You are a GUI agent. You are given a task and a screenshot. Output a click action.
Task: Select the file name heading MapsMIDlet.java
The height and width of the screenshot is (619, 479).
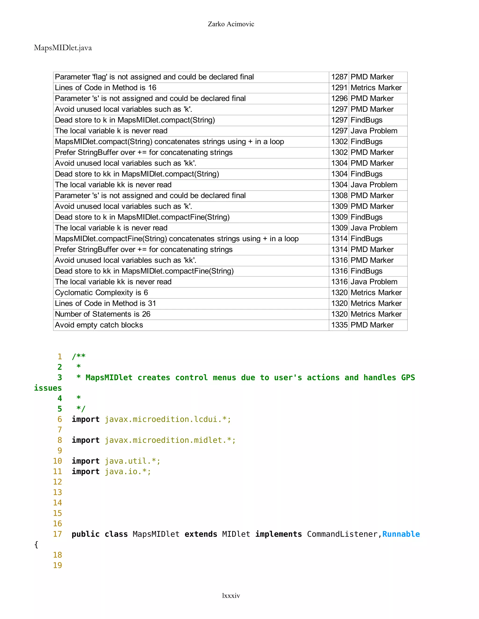[63, 48]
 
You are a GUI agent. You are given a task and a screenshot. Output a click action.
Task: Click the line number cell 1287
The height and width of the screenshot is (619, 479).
[339, 77]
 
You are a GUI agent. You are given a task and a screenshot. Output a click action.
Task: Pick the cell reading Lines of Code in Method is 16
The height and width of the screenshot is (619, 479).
[105, 88]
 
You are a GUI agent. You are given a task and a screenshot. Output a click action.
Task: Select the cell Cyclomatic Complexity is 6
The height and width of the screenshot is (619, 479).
[101, 292]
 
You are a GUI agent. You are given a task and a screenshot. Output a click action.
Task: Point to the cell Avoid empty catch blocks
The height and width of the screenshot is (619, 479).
[99, 325]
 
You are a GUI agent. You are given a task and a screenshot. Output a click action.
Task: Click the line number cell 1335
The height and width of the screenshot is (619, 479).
[339, 325]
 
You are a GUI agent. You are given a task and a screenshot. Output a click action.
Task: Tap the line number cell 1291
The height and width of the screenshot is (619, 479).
[339, 88]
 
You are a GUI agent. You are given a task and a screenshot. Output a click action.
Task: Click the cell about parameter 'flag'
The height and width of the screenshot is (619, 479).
[154, 77]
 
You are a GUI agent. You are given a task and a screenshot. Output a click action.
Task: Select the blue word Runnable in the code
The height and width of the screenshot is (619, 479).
[401, 534]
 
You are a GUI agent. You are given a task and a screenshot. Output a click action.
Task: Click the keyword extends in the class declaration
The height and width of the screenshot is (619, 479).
[201, 534]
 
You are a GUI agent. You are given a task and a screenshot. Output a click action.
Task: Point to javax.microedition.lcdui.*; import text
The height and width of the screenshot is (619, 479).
[168, 419]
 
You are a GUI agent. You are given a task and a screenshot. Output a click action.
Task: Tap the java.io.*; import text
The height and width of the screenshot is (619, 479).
[128, 471]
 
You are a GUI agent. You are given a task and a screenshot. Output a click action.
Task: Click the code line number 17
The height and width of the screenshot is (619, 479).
[57, 534]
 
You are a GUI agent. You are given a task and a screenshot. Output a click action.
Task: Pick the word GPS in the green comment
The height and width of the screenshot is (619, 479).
[408, 377]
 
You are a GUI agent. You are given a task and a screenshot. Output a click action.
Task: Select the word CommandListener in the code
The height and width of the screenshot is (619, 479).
[342, 534]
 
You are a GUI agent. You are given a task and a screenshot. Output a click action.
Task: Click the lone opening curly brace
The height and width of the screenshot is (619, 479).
[36, 544]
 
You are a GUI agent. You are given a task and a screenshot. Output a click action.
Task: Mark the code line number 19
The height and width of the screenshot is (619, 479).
[57, 565]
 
